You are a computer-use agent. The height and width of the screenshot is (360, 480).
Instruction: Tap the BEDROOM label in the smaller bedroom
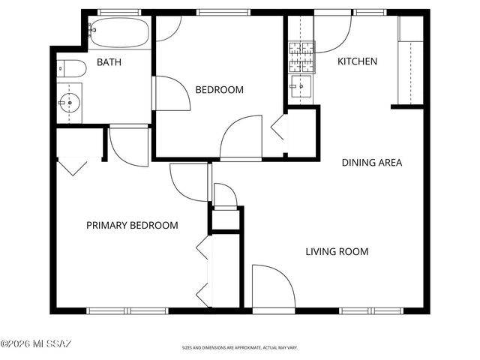click(219, 90)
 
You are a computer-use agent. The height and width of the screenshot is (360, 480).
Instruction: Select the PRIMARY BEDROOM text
click(132, 225)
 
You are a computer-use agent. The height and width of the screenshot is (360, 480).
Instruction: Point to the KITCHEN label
click(357, 61)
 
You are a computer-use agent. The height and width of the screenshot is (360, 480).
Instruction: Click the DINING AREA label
click(372, 162)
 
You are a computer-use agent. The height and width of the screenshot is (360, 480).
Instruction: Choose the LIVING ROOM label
click(337, 251)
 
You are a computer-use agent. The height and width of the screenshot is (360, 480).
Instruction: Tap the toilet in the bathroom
click(70, 68)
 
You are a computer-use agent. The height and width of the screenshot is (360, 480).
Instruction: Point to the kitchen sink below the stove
click(301, 86)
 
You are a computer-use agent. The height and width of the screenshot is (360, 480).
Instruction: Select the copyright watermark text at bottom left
click(36, 344)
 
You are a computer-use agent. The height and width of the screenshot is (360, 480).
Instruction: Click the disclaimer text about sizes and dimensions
click(239, 348)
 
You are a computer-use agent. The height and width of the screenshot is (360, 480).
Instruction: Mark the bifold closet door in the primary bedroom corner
click(73, 165)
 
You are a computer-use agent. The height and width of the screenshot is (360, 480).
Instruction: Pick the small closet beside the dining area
click(301, 133)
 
